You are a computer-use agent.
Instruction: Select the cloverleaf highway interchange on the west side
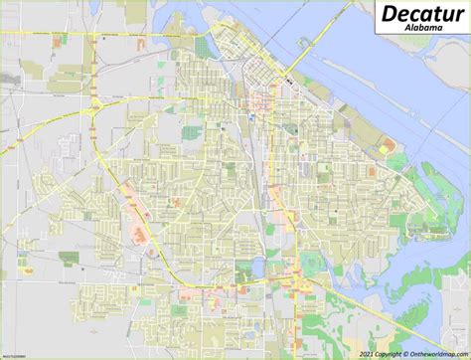[x=97, y=102]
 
